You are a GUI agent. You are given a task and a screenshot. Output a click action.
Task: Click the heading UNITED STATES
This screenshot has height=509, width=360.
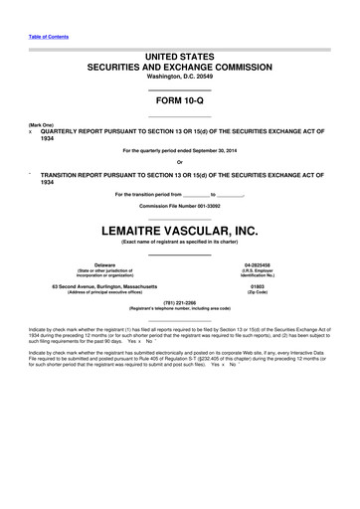(180, 61)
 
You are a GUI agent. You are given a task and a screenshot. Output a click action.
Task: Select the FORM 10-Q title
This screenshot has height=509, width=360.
(180, 102)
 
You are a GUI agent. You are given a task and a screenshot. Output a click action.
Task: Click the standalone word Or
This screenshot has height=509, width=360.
(180, 161)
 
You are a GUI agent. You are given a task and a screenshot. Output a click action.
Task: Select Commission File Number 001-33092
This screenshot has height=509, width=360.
(180, 205)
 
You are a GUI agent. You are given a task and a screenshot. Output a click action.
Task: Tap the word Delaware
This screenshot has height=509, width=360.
(104, 264)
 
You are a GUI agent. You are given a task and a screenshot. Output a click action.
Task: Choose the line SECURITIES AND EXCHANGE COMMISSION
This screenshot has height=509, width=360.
(180, 71)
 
